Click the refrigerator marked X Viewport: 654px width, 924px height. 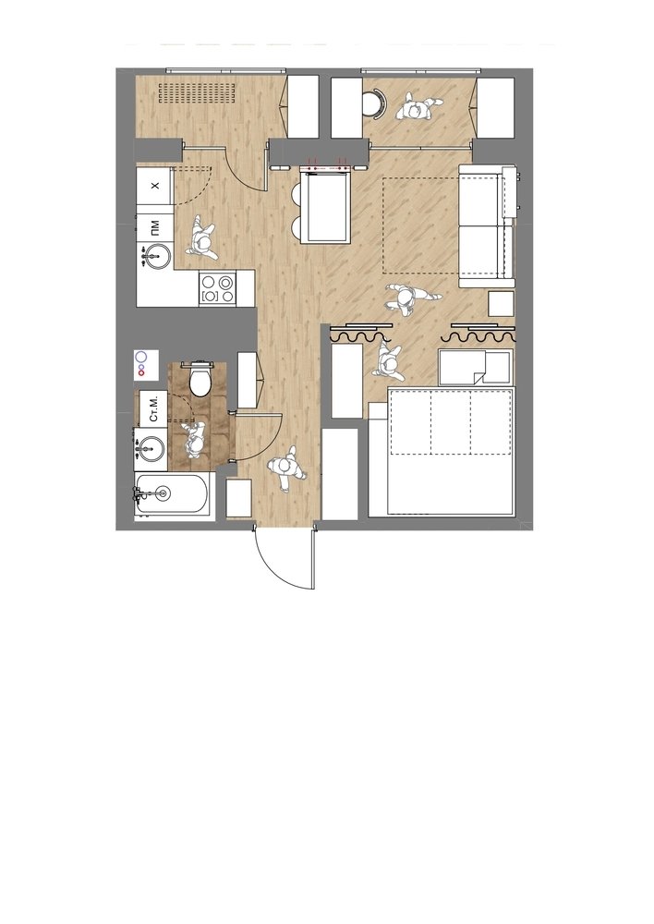coord(155,186)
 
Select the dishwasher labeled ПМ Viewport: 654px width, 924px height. coord(155,225)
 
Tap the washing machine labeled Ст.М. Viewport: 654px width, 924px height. coord(152,407)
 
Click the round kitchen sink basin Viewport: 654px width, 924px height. coord(157,257)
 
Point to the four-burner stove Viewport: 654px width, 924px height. coord(217,288)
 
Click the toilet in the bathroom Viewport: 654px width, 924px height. coord(200,378)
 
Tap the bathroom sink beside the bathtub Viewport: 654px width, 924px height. coord(151,448)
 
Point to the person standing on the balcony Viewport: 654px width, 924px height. coord(418,107)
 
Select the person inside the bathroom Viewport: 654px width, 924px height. coord(195,439)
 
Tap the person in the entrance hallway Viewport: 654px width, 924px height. coord(287,468)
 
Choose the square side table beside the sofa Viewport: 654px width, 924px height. coord(502,304)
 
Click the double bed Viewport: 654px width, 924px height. coord(442,451)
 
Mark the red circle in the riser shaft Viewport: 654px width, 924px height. coord(140,372)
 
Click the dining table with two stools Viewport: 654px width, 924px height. coord(325,205)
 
